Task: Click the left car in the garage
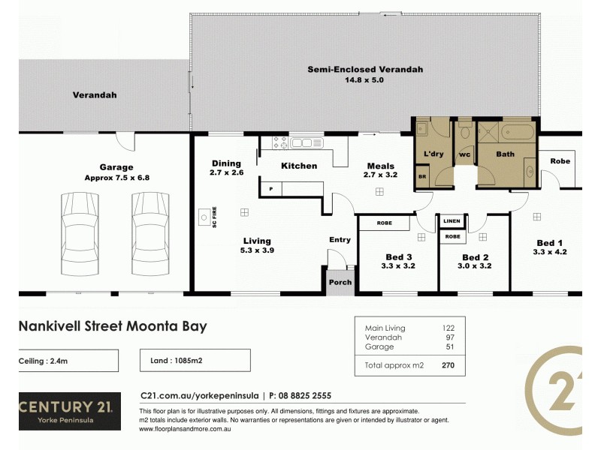coord(79,224)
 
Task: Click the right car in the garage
coord(149,224)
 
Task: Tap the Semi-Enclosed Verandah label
coord(365,70)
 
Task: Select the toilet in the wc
coord(464,133)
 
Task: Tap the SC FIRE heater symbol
coord(204,217)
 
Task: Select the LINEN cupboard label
coord(452,221)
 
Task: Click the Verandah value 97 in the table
coord(449,337)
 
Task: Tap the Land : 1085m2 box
coord(195,360)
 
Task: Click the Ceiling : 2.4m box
coord(68,360)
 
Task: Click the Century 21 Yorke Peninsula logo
coord(68,410)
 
